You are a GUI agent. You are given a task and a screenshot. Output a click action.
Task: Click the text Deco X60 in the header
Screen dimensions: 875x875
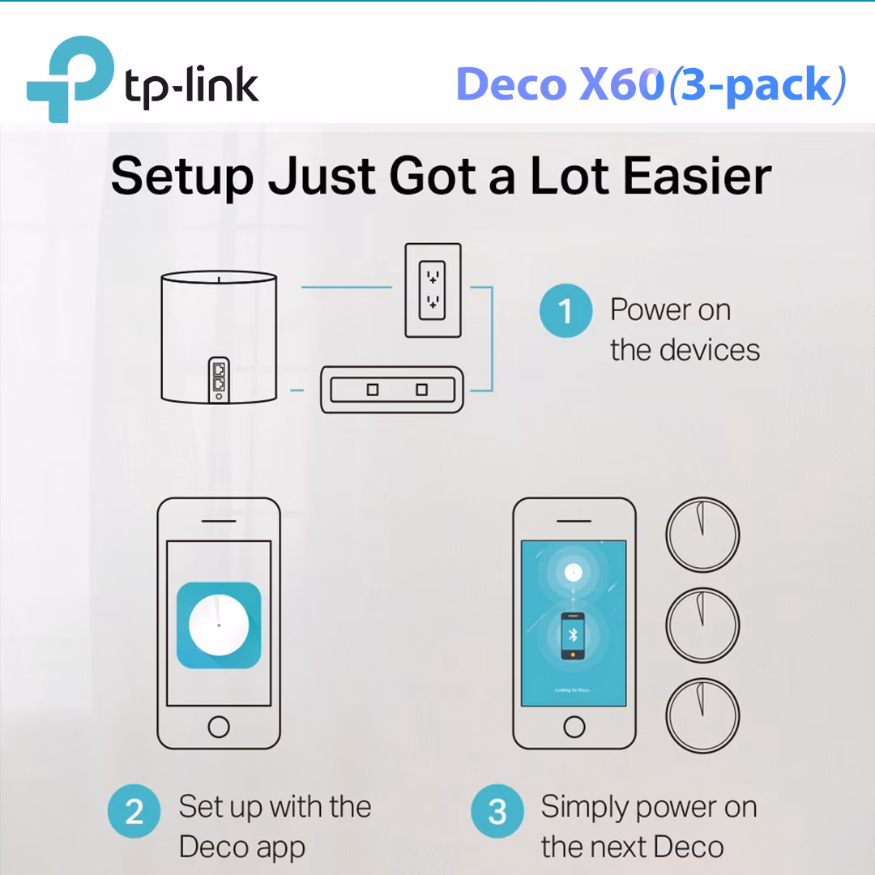pos(560,84)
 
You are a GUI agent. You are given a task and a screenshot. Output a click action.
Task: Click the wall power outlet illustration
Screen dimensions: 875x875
pos(433,290)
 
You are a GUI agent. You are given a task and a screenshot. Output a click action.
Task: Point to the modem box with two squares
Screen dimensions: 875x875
pos(392,390)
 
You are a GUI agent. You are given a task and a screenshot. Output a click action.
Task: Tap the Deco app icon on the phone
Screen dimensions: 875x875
pos(219,625)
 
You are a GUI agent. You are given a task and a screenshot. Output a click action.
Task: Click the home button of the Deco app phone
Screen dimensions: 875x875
pos(219,726)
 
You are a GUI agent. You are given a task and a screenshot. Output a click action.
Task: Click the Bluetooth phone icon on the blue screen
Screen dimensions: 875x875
pos(573,634)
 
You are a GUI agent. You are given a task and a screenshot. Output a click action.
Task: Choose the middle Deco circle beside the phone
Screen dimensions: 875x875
pos(702,622)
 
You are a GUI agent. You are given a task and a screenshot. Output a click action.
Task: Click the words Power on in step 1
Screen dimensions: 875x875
pos(670,310)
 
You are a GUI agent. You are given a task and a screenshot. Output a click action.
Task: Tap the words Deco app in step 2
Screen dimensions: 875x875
pos(241,847)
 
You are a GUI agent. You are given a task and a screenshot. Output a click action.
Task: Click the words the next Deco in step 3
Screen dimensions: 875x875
pos(632,847)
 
